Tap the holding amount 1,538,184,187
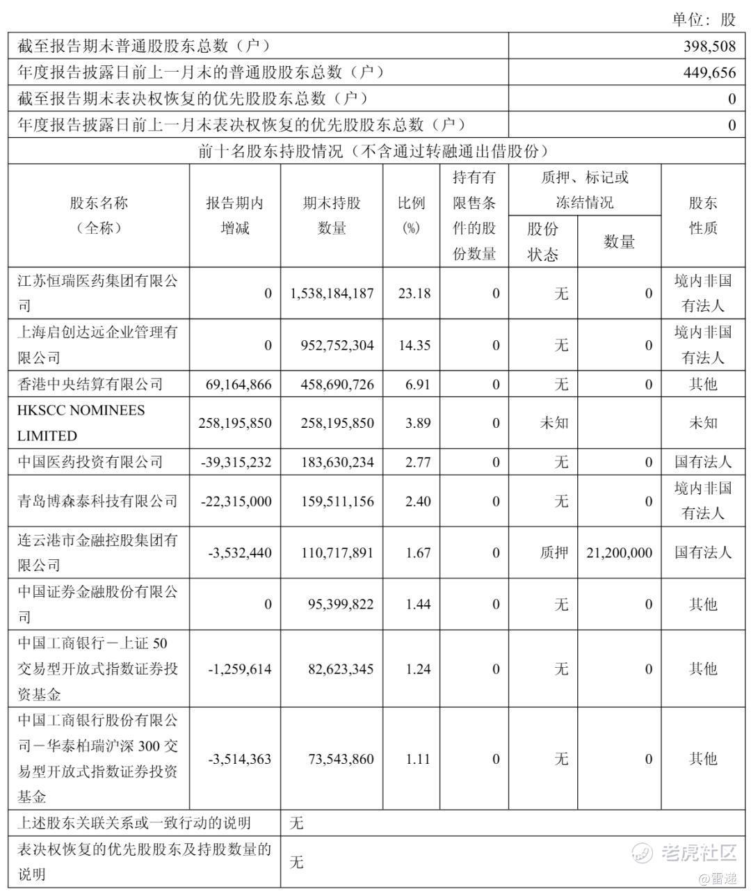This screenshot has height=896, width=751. point(332,294)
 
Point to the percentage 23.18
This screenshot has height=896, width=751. point(414,294)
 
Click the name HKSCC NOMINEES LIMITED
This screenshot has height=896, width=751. point(81,423)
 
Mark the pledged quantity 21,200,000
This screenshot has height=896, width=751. point(618,553)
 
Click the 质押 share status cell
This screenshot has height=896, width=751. point(554,553)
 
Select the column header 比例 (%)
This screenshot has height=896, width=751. point(411,216)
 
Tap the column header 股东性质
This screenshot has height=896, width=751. point(703,216)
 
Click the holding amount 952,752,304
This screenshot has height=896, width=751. point(332,345)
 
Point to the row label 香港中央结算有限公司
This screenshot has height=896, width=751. point(90,384)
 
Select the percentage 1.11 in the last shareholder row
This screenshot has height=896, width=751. point(418,759)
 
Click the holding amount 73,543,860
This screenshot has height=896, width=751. point(340,759)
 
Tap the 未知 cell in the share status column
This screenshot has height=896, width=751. point(554,423)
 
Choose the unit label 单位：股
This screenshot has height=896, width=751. point(703,19)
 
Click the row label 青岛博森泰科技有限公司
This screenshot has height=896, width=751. point(97,501)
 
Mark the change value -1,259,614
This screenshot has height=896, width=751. point(240,669)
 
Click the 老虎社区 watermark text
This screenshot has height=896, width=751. point(697,852)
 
